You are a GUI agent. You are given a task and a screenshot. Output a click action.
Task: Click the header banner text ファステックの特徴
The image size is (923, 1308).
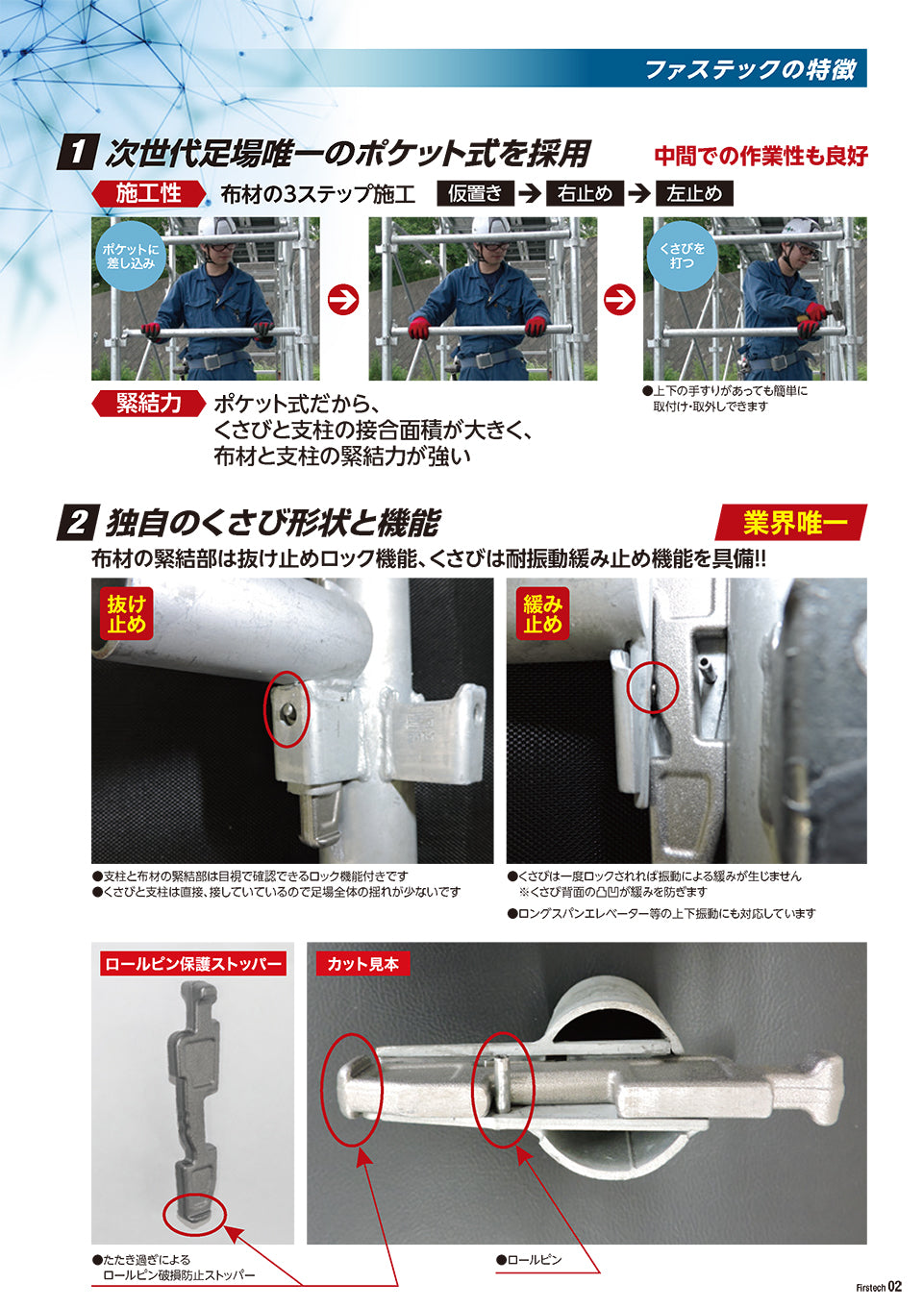751,70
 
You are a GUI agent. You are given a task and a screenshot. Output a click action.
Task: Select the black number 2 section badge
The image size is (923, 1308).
78,523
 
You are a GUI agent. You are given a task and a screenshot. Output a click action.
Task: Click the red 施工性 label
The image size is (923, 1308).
148,193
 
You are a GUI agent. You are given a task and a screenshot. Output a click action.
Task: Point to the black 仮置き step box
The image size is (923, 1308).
476,193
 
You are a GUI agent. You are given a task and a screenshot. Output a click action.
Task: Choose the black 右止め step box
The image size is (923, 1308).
585,193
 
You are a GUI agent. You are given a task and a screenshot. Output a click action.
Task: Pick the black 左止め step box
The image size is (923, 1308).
694,193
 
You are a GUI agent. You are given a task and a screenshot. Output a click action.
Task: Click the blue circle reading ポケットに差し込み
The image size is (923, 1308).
130,256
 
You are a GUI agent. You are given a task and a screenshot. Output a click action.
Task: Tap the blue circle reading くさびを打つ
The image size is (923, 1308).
682,256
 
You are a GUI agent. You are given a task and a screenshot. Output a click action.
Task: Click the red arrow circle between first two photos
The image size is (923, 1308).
343,300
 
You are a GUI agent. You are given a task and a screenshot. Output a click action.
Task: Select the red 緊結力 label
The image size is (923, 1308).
148,404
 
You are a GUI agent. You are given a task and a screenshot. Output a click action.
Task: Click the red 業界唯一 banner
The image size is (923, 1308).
791,523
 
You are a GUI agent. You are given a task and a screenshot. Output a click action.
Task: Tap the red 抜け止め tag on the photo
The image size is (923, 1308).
126,614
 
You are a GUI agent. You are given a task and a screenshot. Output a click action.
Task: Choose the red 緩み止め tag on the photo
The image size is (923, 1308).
542,614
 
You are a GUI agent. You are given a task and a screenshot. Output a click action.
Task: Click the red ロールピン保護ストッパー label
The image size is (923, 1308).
193,964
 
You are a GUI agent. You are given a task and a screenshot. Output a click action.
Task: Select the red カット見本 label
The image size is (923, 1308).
362,964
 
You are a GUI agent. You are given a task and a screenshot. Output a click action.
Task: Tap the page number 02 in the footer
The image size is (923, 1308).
895,1286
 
